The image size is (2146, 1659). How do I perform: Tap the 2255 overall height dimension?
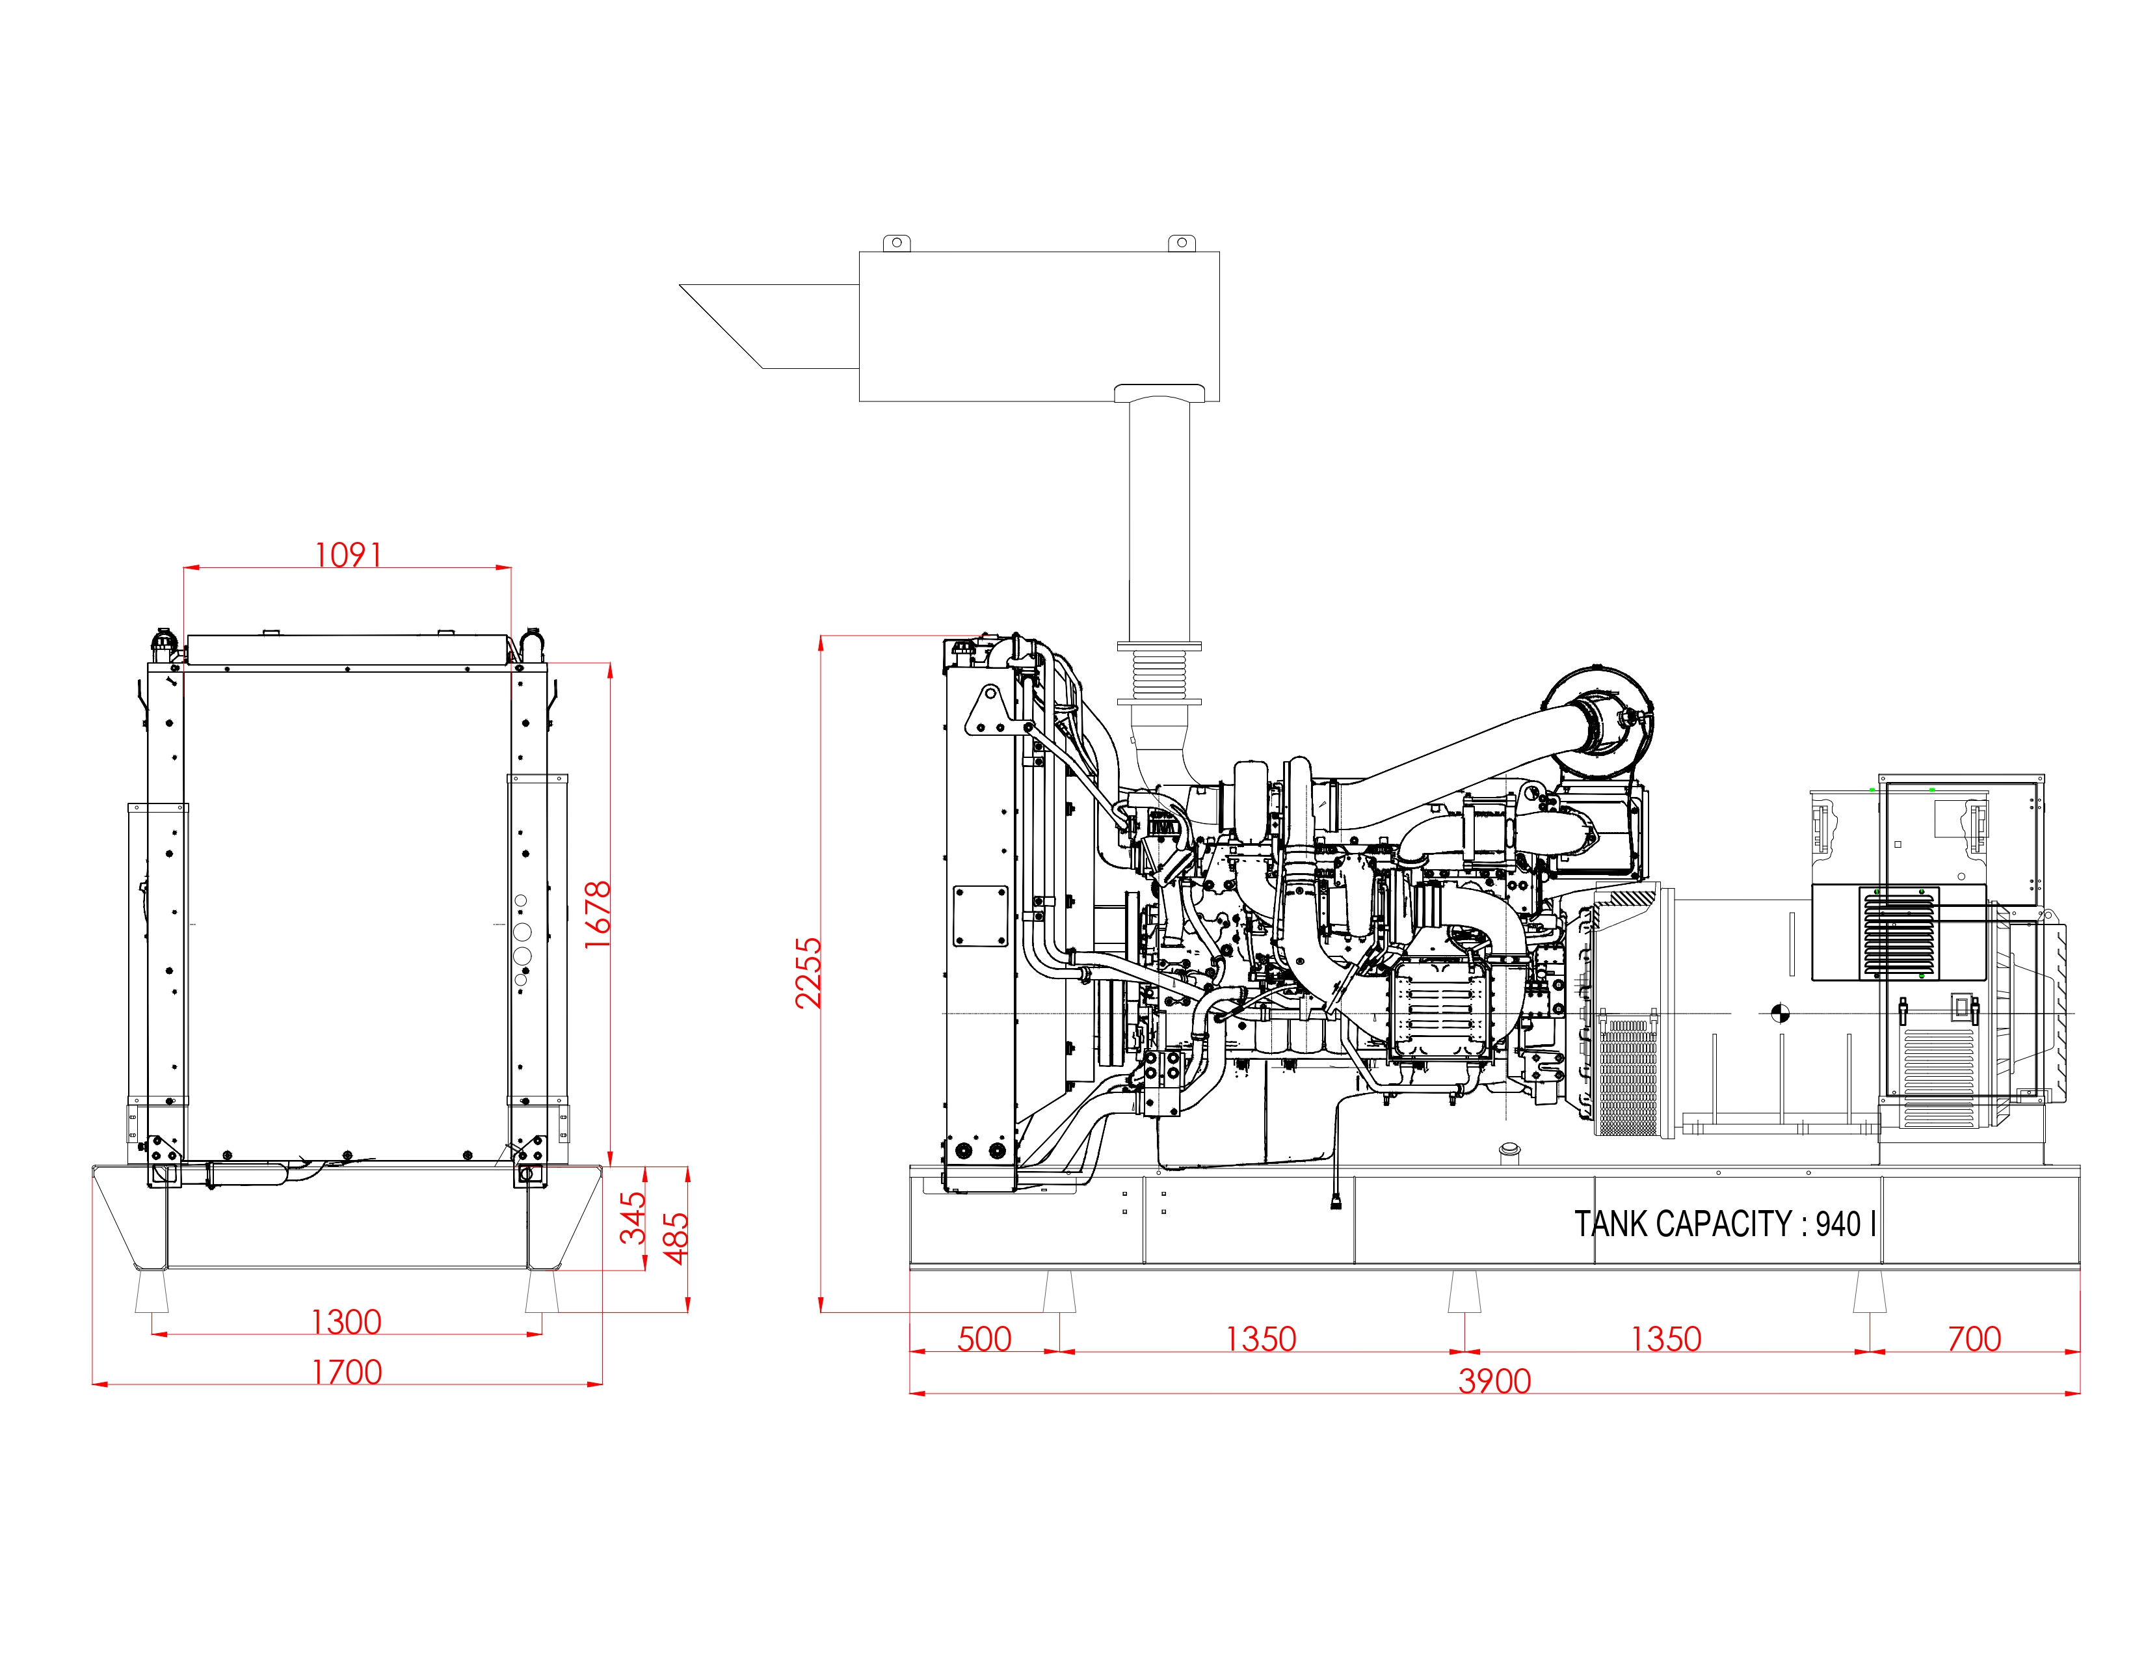click(808, 973)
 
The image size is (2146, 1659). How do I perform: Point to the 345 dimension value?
click(633, 1218)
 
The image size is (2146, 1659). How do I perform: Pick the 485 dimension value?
click(675, 1238)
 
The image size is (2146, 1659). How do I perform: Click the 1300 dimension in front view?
click(346, 1322)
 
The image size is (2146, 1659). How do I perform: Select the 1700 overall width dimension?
click(347, 1372)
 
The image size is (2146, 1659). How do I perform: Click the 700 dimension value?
click(1974, 1339)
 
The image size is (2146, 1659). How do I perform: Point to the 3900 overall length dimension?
click(1494, 1381)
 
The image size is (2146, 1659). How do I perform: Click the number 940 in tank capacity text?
click(1838, 1224)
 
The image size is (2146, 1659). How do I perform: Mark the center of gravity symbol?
click(1779, 1013)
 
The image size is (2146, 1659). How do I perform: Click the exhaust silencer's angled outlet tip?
click(681, 285)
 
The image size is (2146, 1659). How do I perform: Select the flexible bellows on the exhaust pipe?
click(1159, 674)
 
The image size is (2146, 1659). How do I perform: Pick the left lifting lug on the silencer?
click(895, 243)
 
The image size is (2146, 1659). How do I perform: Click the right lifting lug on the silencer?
click(1181, 243)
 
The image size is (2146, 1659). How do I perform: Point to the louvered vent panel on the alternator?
click(1900, 934)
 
